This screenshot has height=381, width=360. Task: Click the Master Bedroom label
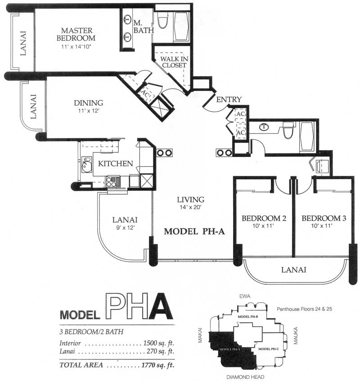[76, 34]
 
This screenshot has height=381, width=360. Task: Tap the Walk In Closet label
[174, 62]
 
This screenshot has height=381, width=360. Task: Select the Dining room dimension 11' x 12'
[89, 111]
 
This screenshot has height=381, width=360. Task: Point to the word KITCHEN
[116, 164]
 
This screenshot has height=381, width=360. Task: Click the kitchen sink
[86, 165]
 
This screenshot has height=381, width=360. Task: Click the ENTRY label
[229, 99]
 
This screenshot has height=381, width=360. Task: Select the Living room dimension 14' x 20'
[190, 207]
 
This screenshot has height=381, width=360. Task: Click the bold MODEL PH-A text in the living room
[194, 231]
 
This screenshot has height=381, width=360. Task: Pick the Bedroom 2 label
[264, 218]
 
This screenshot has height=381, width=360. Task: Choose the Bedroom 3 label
[324, 218]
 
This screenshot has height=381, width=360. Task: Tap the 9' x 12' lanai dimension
[126, 228]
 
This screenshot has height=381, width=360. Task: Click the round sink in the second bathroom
[264, 127]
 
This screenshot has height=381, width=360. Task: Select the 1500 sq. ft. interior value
[158, 343]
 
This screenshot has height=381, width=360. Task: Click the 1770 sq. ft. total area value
[158, 365]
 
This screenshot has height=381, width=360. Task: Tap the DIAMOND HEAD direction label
[245, 377]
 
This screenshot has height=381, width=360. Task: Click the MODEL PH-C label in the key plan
[269, 349]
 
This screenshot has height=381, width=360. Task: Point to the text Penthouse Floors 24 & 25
[304, 309]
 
